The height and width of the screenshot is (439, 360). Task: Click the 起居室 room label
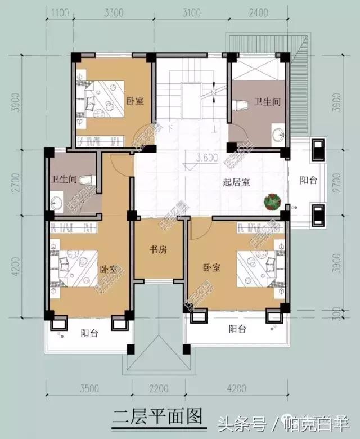237,182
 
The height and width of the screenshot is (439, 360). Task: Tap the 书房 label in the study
158,248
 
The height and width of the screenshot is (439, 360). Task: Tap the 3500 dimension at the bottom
89,388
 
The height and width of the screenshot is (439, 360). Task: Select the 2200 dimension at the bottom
159,388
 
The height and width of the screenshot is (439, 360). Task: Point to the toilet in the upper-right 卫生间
241,105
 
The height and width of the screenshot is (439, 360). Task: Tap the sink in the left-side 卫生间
56,203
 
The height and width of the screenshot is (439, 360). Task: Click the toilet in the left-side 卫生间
87,180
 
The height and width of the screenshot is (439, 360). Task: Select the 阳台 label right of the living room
308,180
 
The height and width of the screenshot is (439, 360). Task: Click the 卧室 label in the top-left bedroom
134,101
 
